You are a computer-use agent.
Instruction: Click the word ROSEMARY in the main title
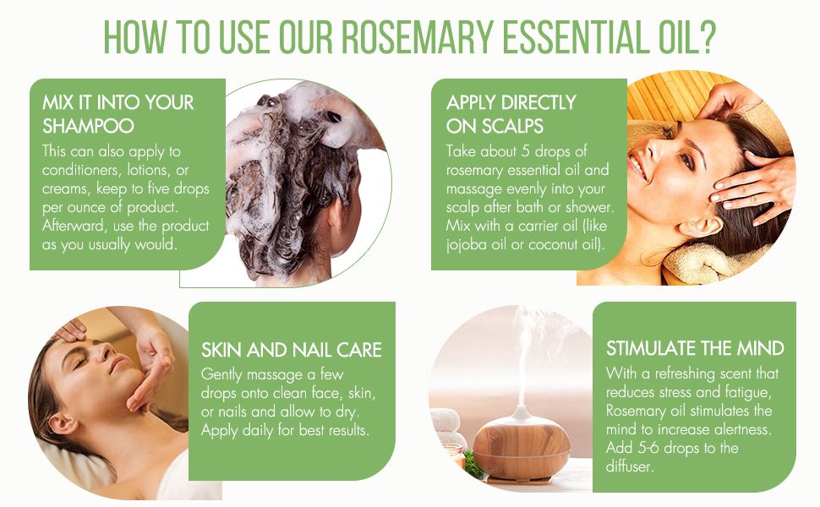point(417,37)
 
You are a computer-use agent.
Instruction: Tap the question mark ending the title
point(706,37)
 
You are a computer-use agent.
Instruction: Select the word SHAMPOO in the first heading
point(89,126)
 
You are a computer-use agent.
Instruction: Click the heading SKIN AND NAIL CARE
point(292,350)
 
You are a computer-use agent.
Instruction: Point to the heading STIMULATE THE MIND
point(695,349)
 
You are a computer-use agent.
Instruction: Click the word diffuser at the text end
point(630,466)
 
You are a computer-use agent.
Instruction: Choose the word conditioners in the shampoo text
point(82,171)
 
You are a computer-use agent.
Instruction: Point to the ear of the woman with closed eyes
point(63,422)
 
